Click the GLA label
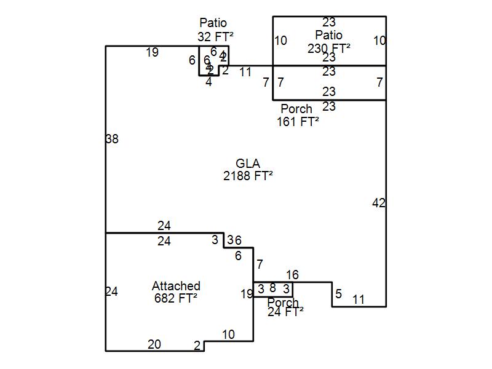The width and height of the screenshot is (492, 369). (x=248, y=164)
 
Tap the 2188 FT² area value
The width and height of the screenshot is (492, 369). (x=248, y=176)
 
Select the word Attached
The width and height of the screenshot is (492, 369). (x=176, y=286)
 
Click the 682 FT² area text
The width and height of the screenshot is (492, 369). (x=176, y=298)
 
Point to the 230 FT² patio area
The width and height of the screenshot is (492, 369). (x=329, y=47)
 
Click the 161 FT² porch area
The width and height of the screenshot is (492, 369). (x=298, y=121)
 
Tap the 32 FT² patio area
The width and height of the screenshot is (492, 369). (x=213, y=37)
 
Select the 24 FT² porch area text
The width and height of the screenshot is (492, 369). (x=285, y=312)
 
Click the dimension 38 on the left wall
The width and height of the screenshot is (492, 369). (x=111, y=140)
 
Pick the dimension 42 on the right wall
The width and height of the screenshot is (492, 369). (x=379, y=203)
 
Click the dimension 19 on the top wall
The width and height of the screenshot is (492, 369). (x=152, y=53)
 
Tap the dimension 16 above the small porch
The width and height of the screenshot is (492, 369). (x=292, y=275)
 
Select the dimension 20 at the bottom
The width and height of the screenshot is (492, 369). (x=154, y=344)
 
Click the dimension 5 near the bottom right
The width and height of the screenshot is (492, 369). (x=338, y=294)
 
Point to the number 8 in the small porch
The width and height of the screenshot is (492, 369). (x=272, y=288)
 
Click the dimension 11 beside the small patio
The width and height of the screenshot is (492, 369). (x=245, y=72)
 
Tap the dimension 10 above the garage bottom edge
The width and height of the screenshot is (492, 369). (x=228, y=335)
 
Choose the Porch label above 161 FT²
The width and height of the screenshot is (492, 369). (x=296, y=109)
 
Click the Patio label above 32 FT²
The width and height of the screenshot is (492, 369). (x=213, y=24)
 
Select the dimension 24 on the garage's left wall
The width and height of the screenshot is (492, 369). (x=111, y=292)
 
